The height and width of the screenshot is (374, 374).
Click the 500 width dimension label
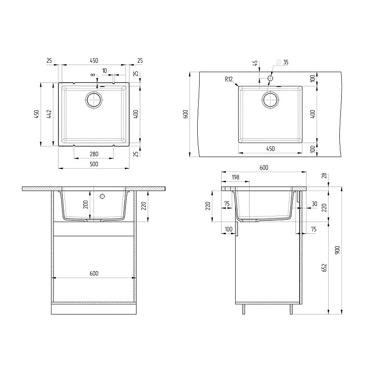pyautogui.click(x=94, y=164)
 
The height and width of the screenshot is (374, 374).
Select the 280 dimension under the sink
pyautogui.click(x=94, y=154)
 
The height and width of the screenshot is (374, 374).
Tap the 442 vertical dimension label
pyautogui.click(x=49, y=114)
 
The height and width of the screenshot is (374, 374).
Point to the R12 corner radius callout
pyautogui.click(x=229, y=79)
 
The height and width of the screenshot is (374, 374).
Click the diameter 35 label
pyautogui.click(x=283, y=62)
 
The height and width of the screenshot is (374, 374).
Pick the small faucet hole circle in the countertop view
pyautogui.click(x=270, y=78)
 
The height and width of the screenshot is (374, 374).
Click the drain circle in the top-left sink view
pyautogui.click(x=94, y=100)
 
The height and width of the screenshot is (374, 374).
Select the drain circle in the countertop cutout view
pyautogui.click(x=270, y=100)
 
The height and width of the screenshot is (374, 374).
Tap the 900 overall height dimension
pyautogui.click(x=337, y=250)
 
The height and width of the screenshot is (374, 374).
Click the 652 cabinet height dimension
pyautogui.click(x=324, y=268)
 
